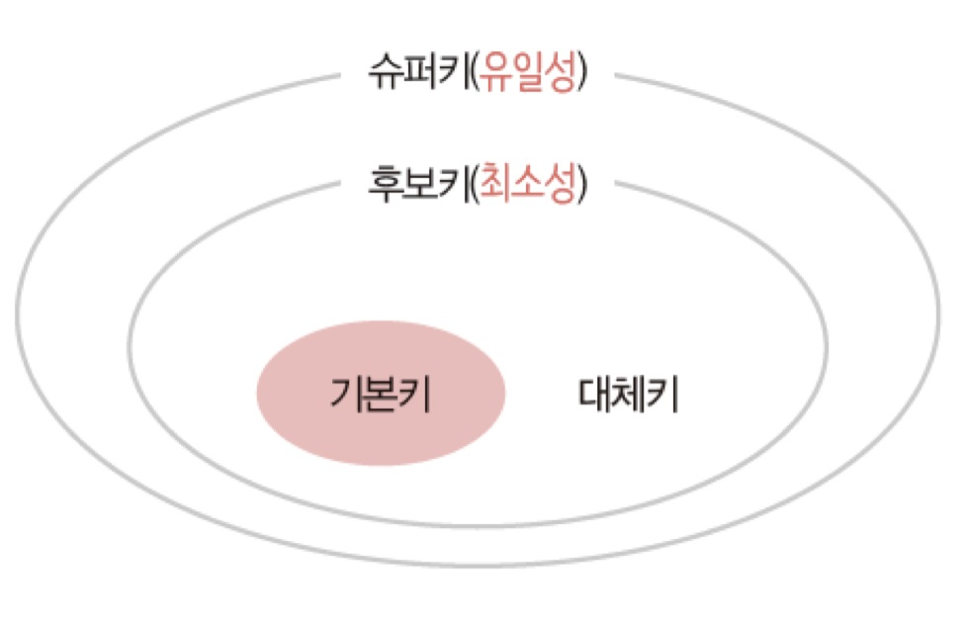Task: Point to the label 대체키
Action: [628, 395]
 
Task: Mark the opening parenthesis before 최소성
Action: [472, 184]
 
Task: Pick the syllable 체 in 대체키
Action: [628, 395]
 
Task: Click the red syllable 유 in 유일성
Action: [491, 75]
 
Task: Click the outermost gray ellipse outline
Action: [18, 316]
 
